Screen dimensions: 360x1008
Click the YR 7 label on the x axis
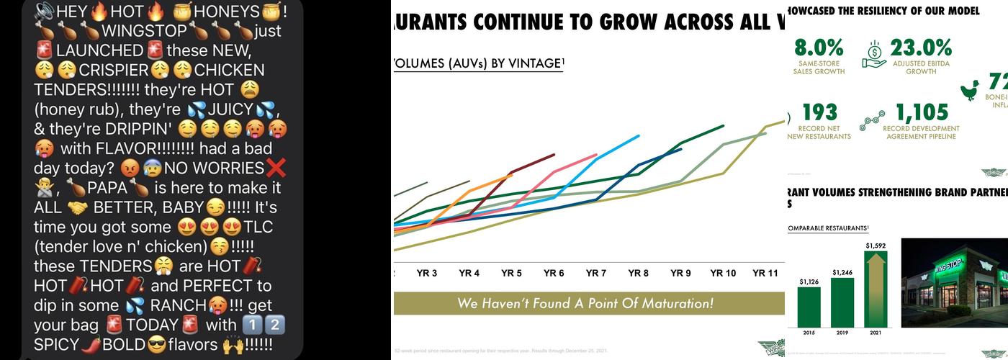(x=595, y=274)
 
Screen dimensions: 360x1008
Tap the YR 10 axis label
(x=723, y=274)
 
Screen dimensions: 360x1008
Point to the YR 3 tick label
(x=427, y=274)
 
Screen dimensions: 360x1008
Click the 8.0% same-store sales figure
(x=819, y=48)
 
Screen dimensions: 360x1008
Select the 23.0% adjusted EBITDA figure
(x=921, y=48)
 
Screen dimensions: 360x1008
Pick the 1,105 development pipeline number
(x=921, y=112)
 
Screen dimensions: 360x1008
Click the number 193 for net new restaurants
(x=819, y=112)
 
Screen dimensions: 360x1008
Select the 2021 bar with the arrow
(x=876, y=288)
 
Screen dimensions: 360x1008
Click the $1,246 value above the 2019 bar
(x=842, y=272)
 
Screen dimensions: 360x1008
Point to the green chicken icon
(x=970, y=89)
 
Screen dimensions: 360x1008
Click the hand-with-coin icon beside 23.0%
(x=874, y=53)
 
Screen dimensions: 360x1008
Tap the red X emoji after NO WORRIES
(x=276, y=168)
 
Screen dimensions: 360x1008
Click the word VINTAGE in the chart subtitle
(x=525, y=63)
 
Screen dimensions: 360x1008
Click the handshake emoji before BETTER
(x=77, y=207)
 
